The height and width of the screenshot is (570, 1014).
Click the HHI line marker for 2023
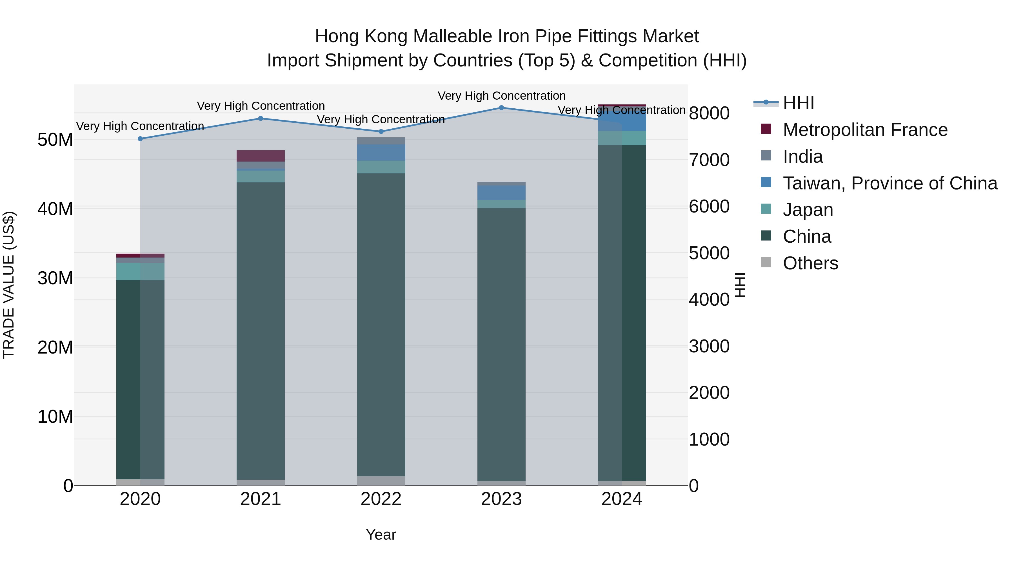[x=501, y=108]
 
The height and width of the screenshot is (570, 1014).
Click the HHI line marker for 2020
[x=140, y=139]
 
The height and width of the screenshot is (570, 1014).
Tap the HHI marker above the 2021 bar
[x=261, y=119]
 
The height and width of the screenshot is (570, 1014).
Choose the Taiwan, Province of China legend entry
[x=890, y=183]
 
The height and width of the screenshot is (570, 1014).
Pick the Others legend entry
[x=810, y=263]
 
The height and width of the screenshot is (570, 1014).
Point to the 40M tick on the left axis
[x=55, y=209]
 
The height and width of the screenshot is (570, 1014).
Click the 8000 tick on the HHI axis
[x=709, y=113]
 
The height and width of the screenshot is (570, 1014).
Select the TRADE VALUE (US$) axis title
[x=9, y=285]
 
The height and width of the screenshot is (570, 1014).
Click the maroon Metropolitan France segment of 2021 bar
[x=261, y=156]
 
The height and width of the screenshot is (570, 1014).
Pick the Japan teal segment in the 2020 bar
[x=140, y=271]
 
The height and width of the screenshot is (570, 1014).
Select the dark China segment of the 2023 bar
[x=501, y=342]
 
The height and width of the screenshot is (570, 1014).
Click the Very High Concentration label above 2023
[x=501, y=96]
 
